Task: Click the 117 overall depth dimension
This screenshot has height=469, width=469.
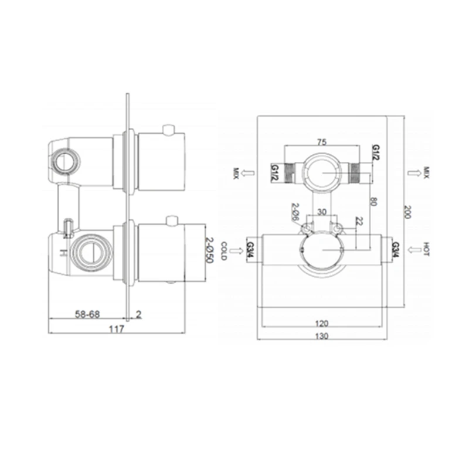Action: pos(116,329)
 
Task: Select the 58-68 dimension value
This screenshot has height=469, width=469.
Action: pos(87,314)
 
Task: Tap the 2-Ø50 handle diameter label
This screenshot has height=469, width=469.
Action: pos(209,250)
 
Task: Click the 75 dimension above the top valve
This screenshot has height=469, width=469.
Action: pos(321,142)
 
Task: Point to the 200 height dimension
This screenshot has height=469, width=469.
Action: pos(407,212)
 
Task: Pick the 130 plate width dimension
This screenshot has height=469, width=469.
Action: pos(321,336)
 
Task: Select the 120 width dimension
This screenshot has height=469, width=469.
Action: pos(321,324)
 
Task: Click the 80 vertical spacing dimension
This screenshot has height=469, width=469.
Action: pos(373,201)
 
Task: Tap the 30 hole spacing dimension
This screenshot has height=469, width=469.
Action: pos(321,212)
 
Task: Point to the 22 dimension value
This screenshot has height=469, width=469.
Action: pos(359,222)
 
